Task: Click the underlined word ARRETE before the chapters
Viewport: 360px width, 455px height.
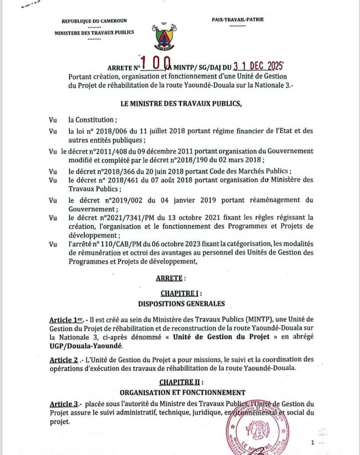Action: (169, 278)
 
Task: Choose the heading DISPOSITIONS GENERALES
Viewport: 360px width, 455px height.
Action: (182, 304)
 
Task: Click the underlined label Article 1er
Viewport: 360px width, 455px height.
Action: (65, 320)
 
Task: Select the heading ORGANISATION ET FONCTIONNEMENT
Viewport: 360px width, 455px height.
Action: (182, 393)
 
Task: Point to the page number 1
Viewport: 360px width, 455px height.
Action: (313, 443)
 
